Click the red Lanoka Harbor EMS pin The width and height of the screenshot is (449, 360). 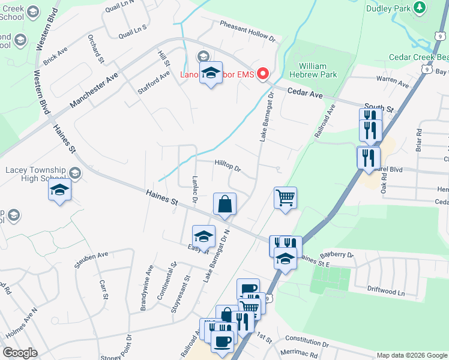263,74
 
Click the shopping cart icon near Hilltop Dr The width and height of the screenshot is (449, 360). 285,197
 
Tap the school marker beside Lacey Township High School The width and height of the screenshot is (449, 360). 59,190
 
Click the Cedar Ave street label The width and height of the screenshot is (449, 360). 305,93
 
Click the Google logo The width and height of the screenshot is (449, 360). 20,353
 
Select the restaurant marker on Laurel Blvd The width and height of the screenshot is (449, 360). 368,158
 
